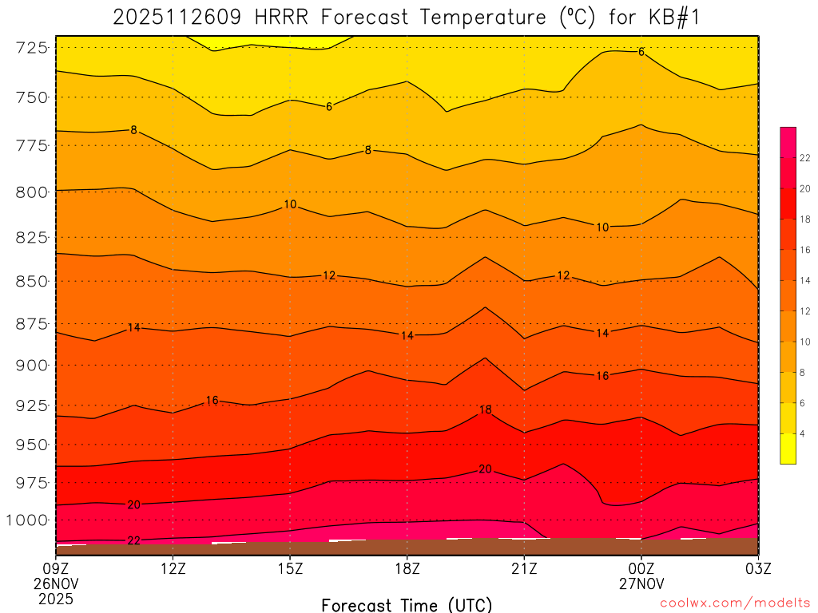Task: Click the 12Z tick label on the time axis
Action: point(173,569)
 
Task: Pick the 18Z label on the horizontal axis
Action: point(407,569)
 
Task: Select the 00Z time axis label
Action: point(641,569)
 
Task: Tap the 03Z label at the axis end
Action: point(757,569)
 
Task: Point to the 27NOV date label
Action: point(641,583)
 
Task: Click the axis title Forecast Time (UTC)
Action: point(407,604)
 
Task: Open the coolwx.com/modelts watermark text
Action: point(733,603)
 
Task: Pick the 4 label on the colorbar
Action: point(802,433)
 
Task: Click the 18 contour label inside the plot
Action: point(485,409)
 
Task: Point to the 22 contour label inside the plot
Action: point(134,540)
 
